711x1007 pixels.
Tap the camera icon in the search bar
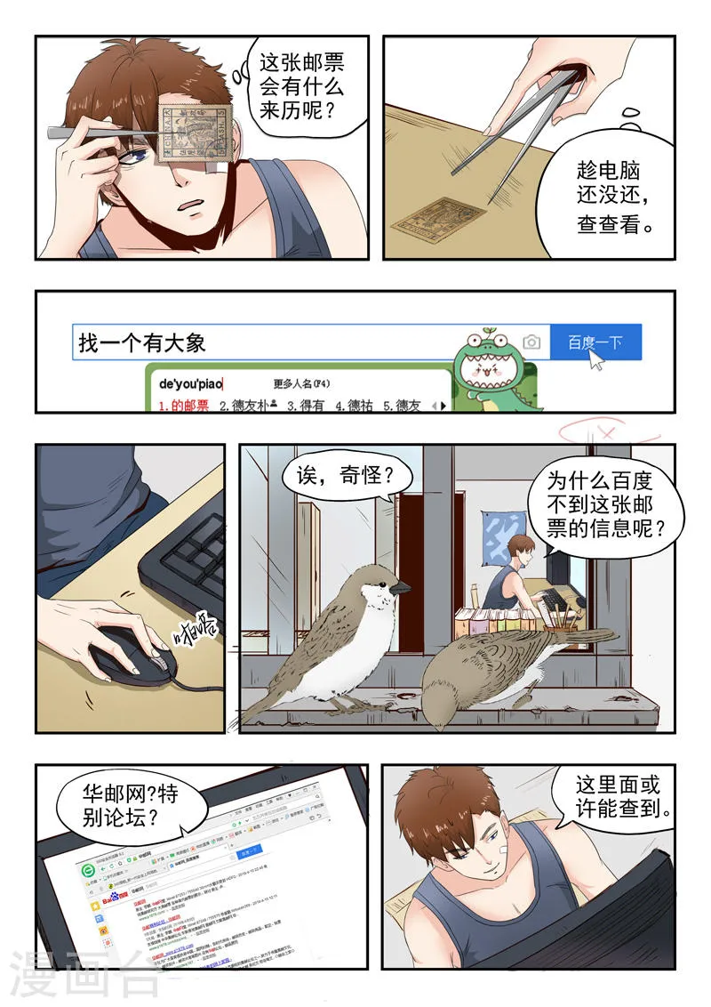531,342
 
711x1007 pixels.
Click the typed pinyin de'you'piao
190,384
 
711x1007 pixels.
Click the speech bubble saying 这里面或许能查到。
622,796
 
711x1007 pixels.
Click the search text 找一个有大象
142,342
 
